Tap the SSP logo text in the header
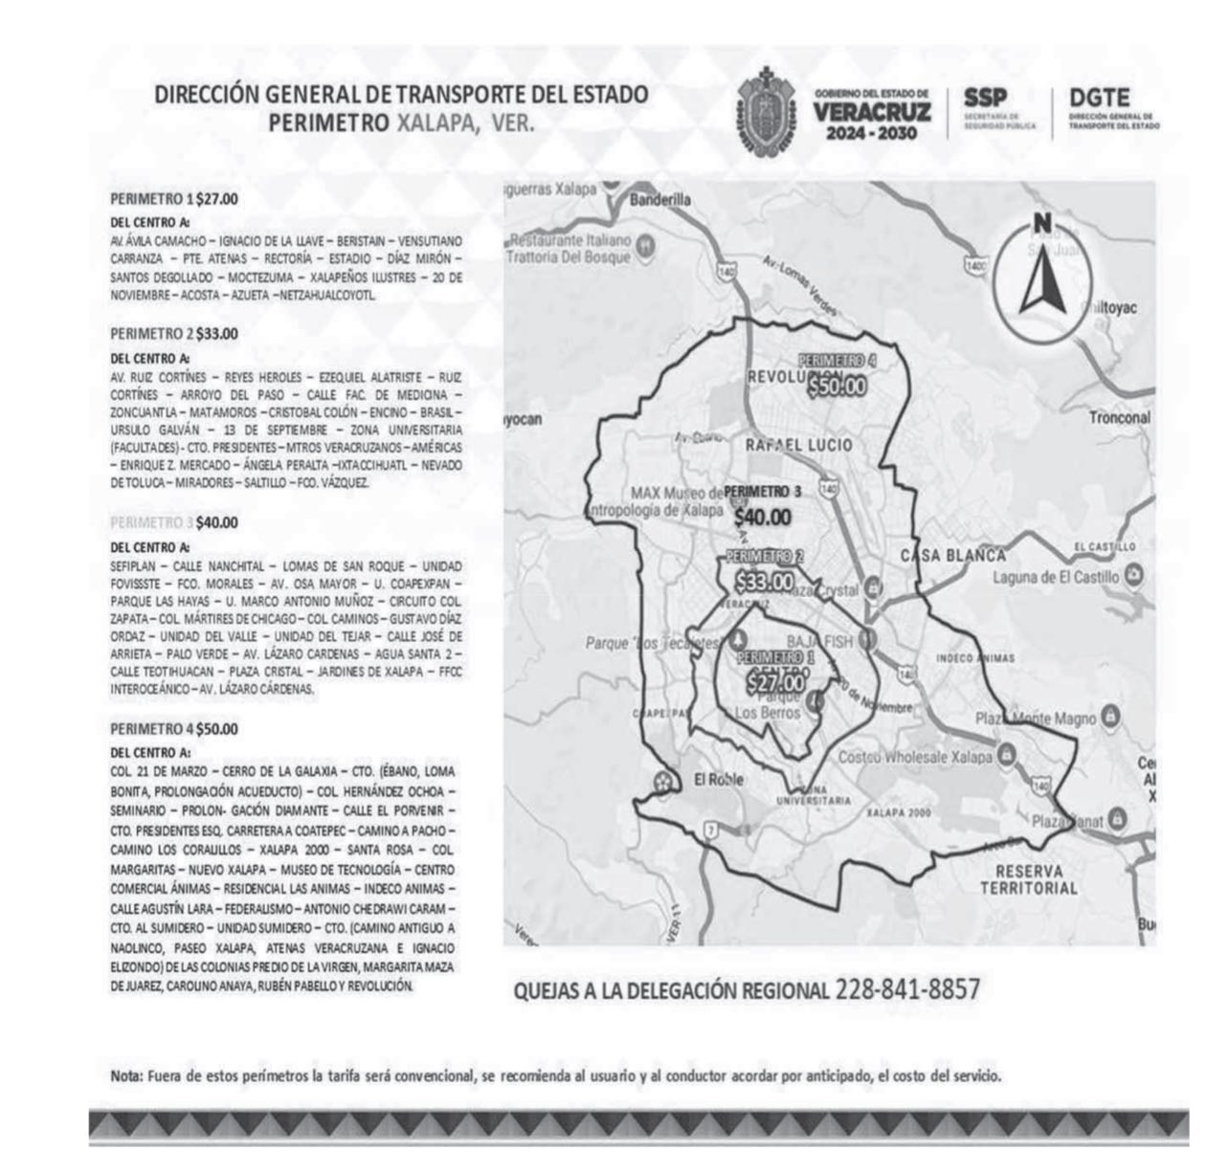coord(985,99)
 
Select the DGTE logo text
coord(1099,99)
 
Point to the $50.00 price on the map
coord(837,387)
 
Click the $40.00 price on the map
coord(763,518)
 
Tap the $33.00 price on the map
coord(763,581)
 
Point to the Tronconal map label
coord(1119,418)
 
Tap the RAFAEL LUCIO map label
coord(798,445)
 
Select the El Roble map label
coord(718,779)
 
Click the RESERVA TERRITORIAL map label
coord(1029,880)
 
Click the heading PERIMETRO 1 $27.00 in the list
coord(174,200)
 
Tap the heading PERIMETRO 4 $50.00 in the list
coord(174,729)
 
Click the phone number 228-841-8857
coord(907,989)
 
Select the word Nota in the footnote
coord(125,1076)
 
